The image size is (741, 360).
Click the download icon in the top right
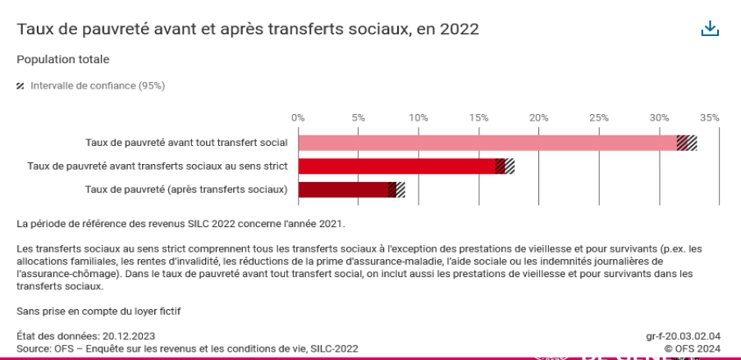[710, 29]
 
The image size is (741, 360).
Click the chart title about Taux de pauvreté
[248, 29]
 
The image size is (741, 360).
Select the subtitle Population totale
[63, 59]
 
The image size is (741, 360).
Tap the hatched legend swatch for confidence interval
[21, 85]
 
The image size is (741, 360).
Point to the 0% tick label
[298, 117]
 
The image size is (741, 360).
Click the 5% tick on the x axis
[358, 117]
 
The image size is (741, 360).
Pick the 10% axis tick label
[419, 117]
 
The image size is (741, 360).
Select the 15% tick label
[478, 117]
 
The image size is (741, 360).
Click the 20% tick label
[538, 117]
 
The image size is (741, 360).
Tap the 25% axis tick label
[598, 117]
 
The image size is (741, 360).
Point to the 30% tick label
[658, 117]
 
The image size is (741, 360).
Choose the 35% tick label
[710, 117]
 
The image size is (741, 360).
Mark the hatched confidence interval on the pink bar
[687, 143]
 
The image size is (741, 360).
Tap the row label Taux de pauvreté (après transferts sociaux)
[186, 189]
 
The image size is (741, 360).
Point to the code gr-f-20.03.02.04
[683, 336]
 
